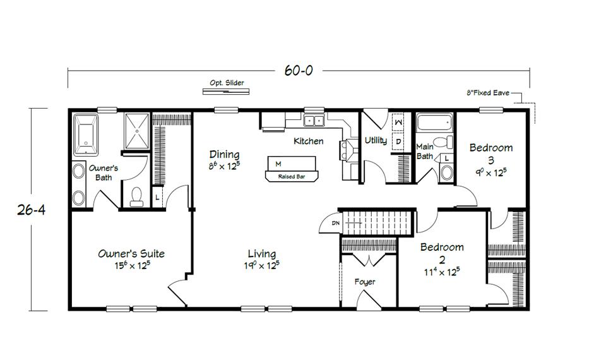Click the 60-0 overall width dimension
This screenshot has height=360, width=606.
coord(298,71)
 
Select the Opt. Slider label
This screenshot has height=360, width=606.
coord(227,83)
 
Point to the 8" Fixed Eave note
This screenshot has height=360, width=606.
coord(487,93)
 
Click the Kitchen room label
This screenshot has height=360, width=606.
coord(309,141)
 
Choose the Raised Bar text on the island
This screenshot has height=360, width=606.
coord(292,177)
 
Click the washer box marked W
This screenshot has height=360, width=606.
coord(398,121)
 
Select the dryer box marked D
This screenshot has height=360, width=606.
coord(398,141)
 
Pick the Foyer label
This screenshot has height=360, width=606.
coord(365,282)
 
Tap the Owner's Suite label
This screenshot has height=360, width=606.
coord(131,254)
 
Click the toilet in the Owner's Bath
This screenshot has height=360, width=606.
coord(136,198)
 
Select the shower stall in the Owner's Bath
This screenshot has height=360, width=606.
coord(136,131)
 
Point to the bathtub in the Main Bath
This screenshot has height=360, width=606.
coord(435,122)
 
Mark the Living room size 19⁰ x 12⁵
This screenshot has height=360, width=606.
coord(261,265)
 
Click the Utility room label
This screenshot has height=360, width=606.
coord(376,140)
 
